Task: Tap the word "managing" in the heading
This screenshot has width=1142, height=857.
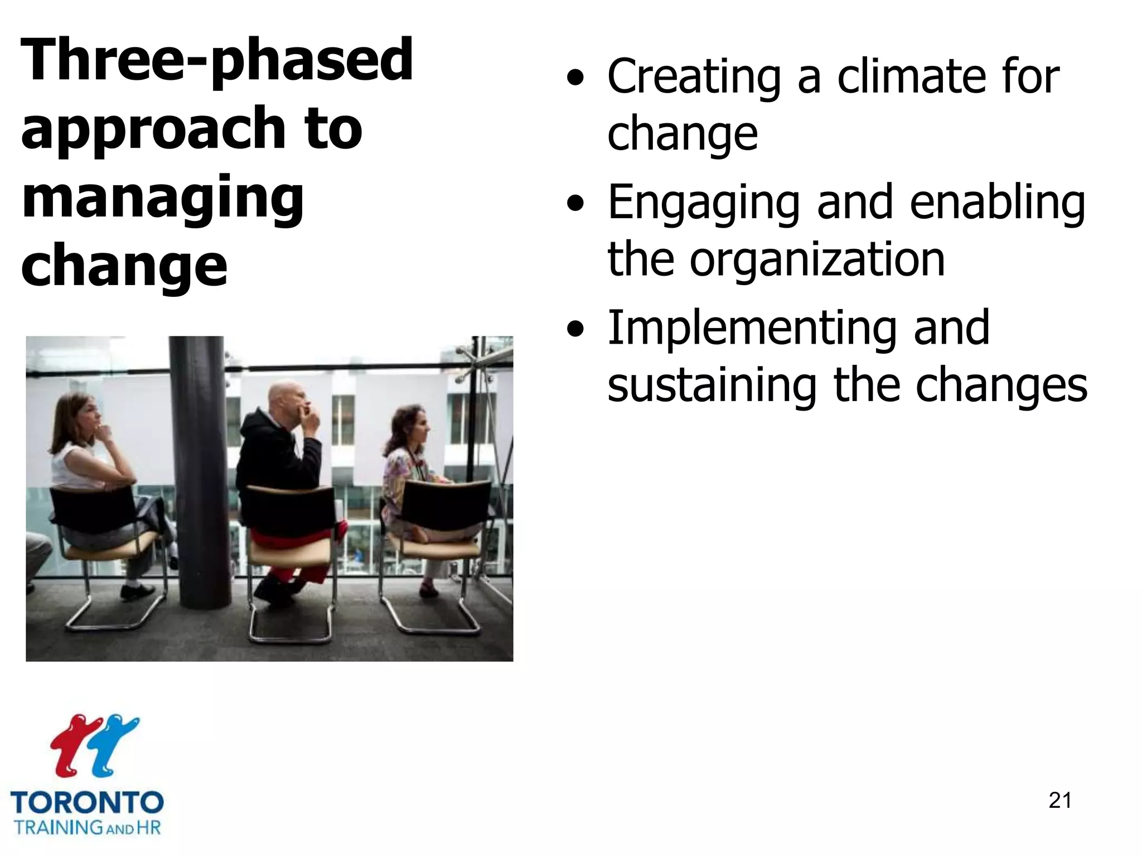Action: pos(162,198)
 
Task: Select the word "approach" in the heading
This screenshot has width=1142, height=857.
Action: pos(151,129)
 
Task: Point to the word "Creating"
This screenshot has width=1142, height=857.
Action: pos(694,78)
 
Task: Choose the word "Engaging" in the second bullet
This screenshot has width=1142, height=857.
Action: pos(704,204)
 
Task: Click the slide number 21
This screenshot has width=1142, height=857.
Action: pos(1060,801)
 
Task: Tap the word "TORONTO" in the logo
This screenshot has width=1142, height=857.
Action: pos(87,802)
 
